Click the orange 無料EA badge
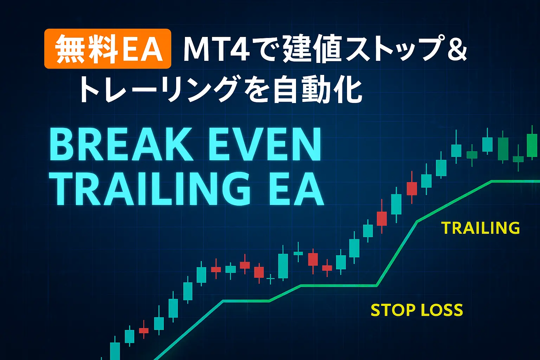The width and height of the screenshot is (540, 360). (x=108, y=49)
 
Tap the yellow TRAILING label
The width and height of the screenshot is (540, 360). (x=481, y=228)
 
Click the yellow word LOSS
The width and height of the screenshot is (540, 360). (x=442, y=310)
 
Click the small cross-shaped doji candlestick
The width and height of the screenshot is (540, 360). (x=270, y=279)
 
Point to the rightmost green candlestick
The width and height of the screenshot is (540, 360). (x=532, y=145)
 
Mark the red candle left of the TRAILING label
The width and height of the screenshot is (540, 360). (x=412, y=188)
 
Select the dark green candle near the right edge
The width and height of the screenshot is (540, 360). (x=503, y=149)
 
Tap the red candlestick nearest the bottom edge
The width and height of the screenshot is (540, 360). (x=144, y=330)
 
